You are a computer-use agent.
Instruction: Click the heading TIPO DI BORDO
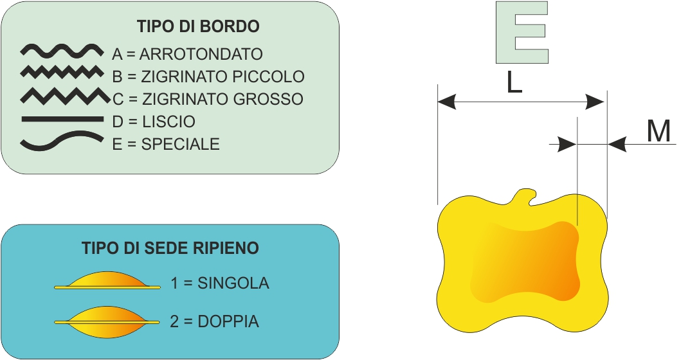pos(198,26)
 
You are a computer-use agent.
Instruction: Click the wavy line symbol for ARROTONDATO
pos(61,50)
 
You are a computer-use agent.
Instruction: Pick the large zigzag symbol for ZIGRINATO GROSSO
pos(64,96)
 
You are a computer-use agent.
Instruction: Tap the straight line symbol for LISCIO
pos(62,119)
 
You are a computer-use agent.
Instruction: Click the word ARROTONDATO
pos(201,54)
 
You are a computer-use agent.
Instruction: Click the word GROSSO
pos(269,99)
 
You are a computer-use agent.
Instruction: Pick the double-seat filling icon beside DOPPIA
pos(107,320)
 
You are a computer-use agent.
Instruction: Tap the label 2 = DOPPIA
pos(215,321)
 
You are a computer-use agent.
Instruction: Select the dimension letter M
pos(658,131)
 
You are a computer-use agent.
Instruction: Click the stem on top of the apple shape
pos(527,195)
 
